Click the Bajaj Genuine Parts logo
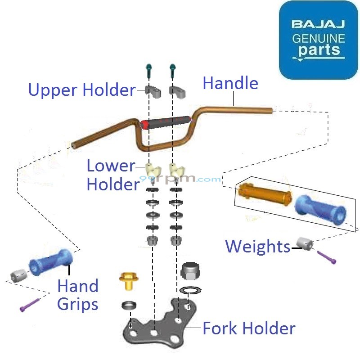319,40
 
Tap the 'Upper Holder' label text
81,90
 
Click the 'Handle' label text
230,83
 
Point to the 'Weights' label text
257,246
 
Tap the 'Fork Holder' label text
249,328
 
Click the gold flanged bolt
128,281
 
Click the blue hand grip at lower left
50,262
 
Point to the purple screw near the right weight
326,257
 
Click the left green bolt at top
149,71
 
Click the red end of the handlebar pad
145,124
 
